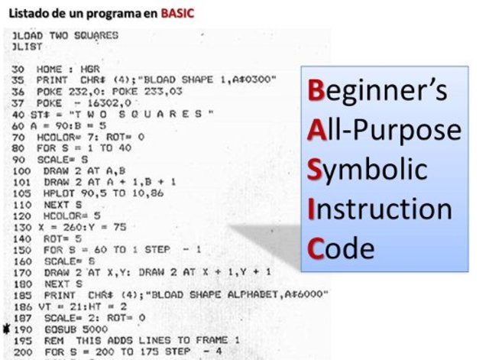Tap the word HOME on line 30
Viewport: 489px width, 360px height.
(x=47, y=68)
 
